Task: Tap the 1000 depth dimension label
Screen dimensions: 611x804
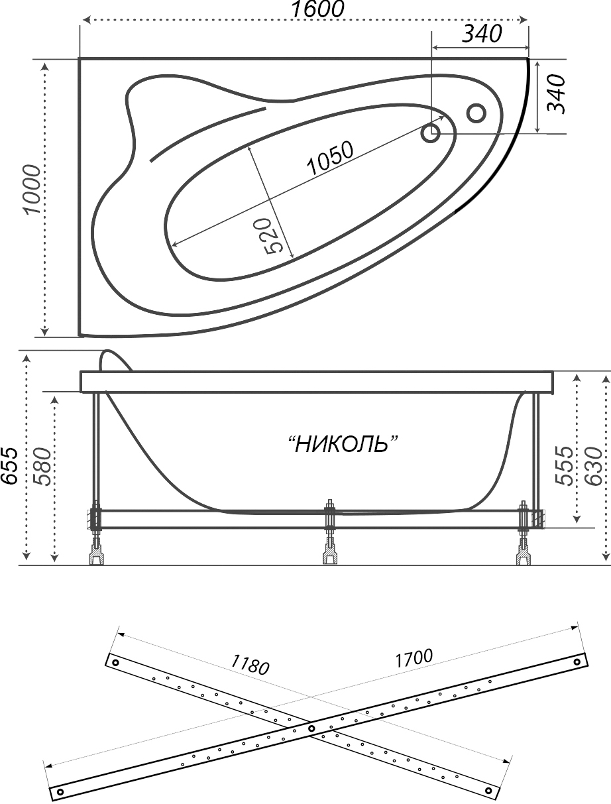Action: pyautogui.click(x=32, y=190)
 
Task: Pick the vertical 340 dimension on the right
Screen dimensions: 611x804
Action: pyautogui.click(x=556, y=94)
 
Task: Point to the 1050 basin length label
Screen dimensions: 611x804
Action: pyautogui.click(x=330, y=158)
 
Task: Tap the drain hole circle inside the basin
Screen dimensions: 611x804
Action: pyautogui.click(x=431, y=133)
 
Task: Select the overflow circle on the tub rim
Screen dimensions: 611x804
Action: pyautogui.click(x=476, y=113)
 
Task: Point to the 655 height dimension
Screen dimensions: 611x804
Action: pyautogui.click(x=9, y=465)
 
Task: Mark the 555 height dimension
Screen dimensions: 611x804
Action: pyautogui.click(x=563, y=465)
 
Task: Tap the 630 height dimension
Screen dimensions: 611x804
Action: pyautogui.click(x=593, y=466)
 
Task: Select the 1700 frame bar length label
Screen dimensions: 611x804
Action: pyautogui.click(x=414, y=658)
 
